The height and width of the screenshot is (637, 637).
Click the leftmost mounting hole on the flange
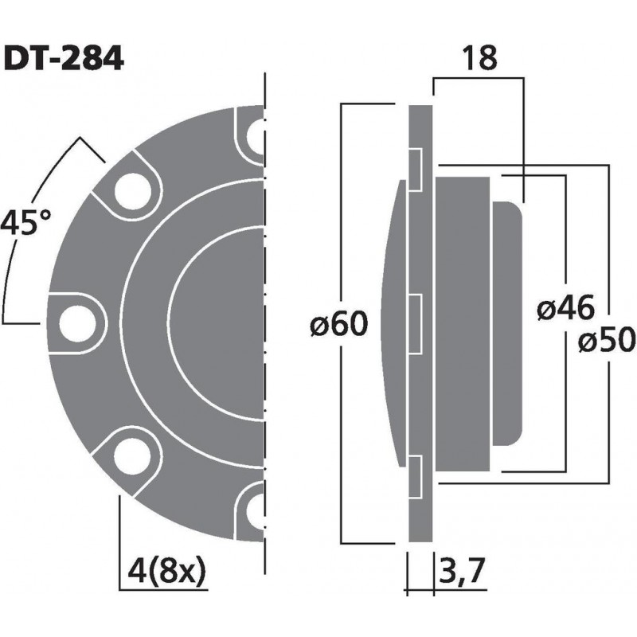click(x=77, y=322)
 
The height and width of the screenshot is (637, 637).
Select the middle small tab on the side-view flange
click(x=415, y=323)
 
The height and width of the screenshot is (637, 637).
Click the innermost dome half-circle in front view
click(x=215, y=322)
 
